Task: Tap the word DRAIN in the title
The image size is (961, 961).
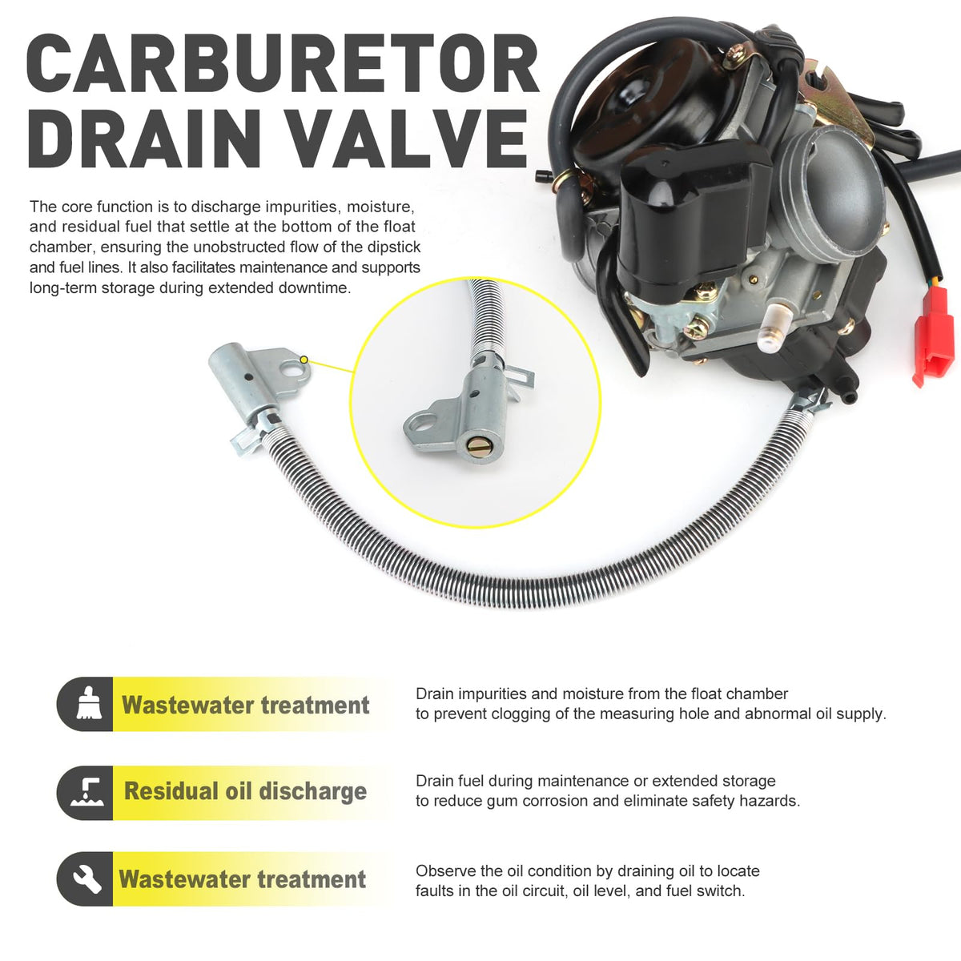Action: tap(145, 138)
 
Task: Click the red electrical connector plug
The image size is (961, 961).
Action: tap(933, 336)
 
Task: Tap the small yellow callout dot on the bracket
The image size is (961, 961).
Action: tap(304, 360)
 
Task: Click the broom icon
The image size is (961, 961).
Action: tap(89, 703)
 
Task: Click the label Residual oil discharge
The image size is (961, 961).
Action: tap(245, 791)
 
